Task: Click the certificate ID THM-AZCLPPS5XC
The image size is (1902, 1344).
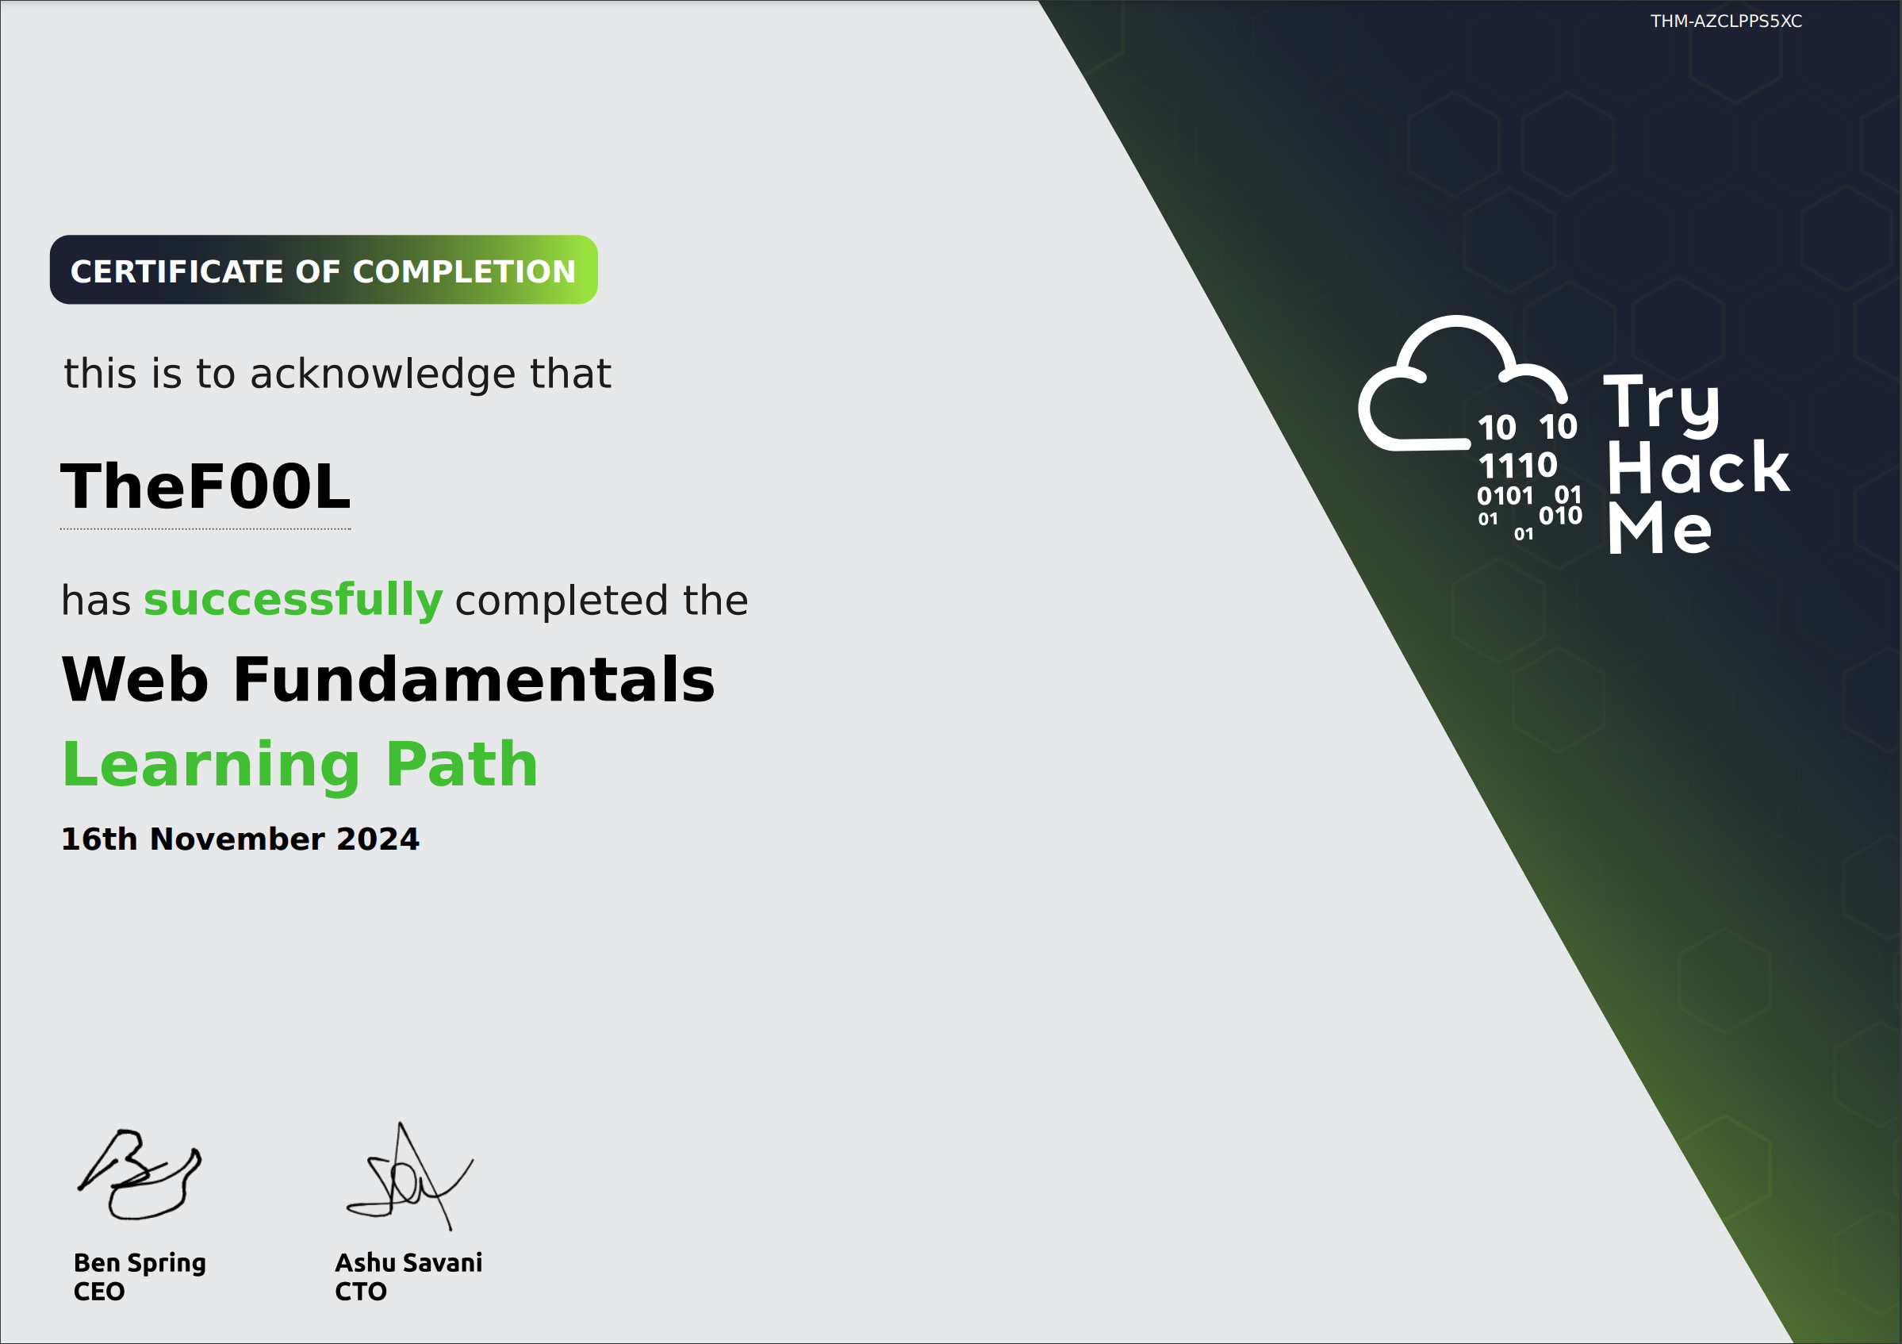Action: point(1726,21)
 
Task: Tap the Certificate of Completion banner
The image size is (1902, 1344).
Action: point(323,270)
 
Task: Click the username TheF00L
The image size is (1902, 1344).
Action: point(205,486)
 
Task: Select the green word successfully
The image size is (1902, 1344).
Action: point(293,600)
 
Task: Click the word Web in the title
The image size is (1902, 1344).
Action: point(135,679)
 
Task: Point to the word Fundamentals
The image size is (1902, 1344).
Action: point(474,679)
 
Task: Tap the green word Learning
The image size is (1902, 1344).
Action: point(211,766)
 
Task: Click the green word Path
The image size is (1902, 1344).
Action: point(462,764)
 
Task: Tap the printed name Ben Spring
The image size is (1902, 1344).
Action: point(140,1262)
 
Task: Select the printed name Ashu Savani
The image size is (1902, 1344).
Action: point(408,1262)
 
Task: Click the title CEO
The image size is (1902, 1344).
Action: point(99,1291)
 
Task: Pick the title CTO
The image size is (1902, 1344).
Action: point(360,1291)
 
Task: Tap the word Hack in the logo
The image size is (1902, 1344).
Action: point(1698,468)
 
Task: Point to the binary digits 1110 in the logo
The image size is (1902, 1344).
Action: point(1517,466)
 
